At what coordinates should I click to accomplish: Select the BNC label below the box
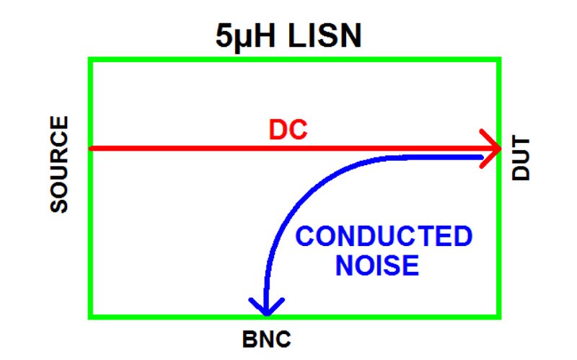(267, 338)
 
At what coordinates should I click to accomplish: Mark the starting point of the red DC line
(91, 149)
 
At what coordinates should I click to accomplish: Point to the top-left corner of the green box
(90, 59)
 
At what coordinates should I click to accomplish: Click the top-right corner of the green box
(499, 59)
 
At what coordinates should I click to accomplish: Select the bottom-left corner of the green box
(90, 316)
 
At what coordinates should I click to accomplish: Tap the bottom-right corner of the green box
(499, 316)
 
